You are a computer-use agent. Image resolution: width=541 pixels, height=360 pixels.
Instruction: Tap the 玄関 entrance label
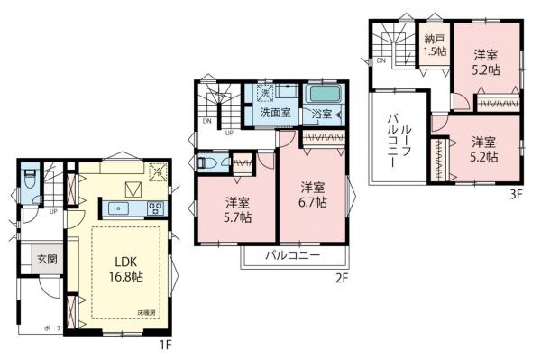click(47, 259)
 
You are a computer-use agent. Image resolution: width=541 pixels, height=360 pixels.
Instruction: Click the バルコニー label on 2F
click(293, 256)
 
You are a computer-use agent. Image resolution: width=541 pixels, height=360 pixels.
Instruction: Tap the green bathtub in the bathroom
click(320, 95)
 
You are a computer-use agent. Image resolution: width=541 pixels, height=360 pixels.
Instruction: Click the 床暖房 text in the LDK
click(147, 311)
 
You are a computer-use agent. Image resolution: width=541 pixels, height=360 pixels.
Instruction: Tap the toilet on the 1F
click(33, 178)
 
